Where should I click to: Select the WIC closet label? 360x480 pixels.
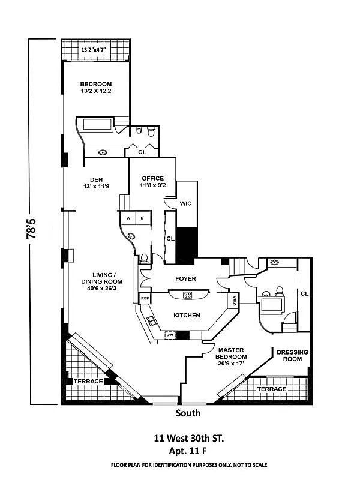coord(185,205)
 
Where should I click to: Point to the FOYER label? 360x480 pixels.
coord(185,278)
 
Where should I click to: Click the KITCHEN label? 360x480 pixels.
coord(187,315)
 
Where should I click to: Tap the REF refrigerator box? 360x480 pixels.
coord(145,298)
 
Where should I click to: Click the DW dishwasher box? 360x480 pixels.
coord(169,335)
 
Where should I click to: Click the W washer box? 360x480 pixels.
coord(128,218)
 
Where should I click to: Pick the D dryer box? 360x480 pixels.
coord(143,218)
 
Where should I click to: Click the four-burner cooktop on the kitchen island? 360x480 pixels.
coord(187,295)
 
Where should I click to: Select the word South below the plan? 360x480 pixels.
coord(188,413)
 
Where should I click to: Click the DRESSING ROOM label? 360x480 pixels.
coord(292,356)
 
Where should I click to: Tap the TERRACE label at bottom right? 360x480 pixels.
coord(272,389)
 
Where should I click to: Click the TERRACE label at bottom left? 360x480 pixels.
coord(88,381)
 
